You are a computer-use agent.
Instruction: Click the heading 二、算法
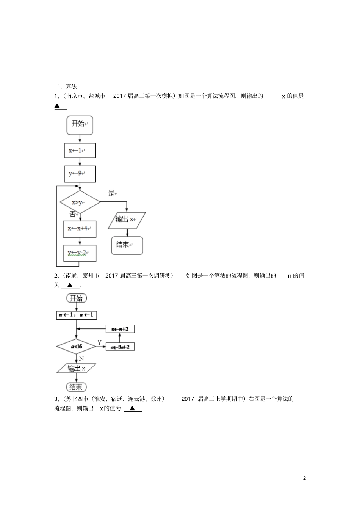coord(66,86)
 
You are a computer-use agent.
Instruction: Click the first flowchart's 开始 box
coord(80,125)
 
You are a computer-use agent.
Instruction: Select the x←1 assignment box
coord(80,151)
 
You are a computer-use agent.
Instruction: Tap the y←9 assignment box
coord(80,174)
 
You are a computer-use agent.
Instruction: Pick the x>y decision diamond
coord(80,202)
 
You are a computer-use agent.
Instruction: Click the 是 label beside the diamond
coord(111,193)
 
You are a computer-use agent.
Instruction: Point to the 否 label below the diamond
coord(73,214)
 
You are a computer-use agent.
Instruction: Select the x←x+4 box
coord(80,229)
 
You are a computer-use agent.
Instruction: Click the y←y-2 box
coord(80,253)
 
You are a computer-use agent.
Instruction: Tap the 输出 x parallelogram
coord(127,220)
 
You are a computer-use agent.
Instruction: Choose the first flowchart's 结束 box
coord(127,245)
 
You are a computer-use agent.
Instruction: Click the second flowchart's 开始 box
coord(77,298)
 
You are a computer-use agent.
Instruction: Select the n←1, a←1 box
coord(76,315)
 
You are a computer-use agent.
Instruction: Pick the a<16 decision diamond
coord(76,347)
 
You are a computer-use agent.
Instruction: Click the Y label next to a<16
coord(100,342)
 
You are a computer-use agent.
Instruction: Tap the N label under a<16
coord(81,358)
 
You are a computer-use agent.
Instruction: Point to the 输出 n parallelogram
coord(76,368)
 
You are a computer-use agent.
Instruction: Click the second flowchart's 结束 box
coord(76,387)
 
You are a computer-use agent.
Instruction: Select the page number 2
coord(304,478)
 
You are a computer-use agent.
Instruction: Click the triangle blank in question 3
coord(133,408)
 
